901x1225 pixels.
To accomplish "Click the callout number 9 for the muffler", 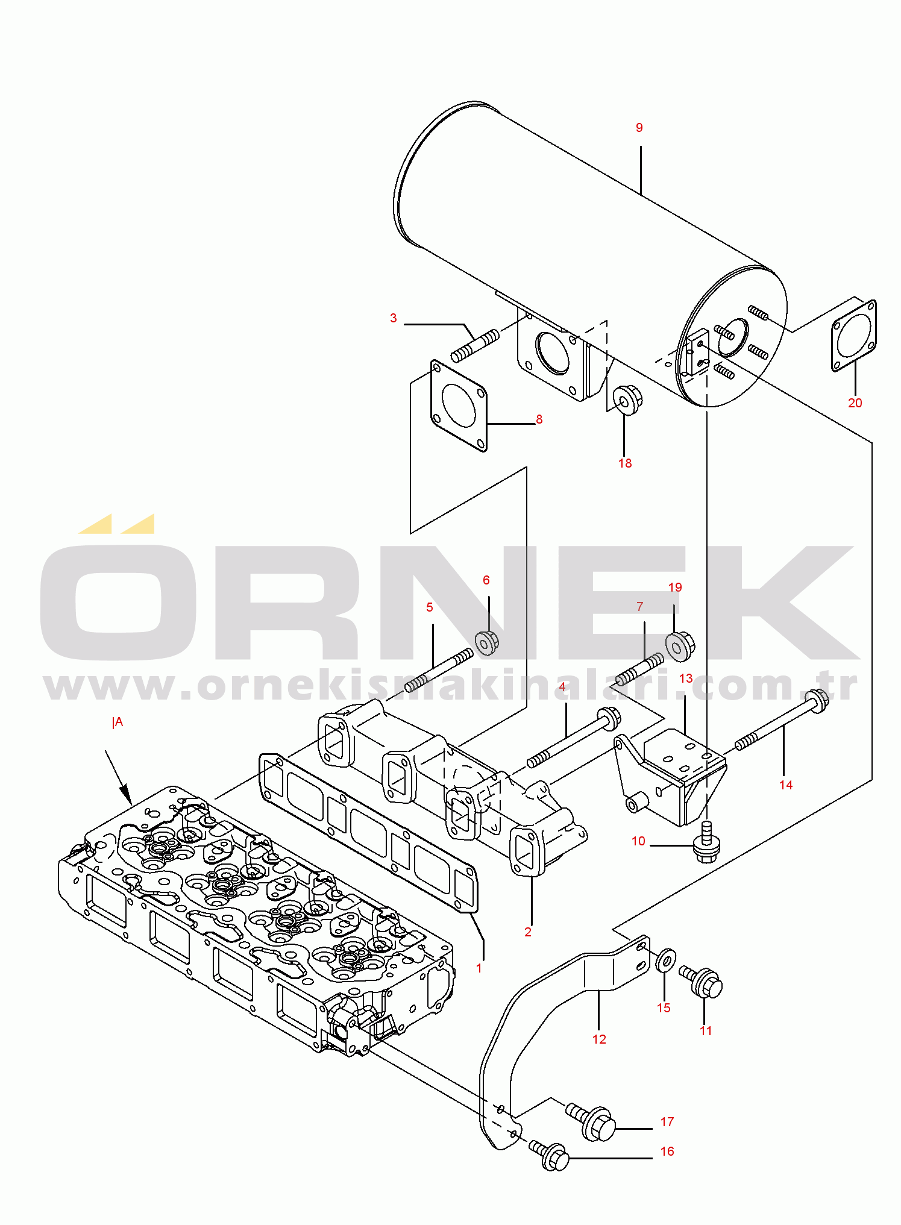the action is click(639, 128).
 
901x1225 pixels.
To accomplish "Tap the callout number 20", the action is click(855, 403).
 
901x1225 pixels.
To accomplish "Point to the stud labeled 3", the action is click(475, 346).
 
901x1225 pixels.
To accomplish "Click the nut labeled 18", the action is click(627, 400).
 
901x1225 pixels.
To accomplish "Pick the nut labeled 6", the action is click(487, 642).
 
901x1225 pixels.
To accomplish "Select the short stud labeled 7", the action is click(639, 670).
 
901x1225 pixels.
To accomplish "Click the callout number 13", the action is click(685, 678).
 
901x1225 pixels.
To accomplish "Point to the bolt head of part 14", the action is click(816, 701).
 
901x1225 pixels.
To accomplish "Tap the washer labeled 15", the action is click(665, 959).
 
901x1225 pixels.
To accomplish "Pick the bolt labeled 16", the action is click(548, 1155).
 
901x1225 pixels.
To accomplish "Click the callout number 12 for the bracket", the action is click(598, 1039).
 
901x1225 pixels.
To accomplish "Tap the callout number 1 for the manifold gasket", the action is click(479, 968).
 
